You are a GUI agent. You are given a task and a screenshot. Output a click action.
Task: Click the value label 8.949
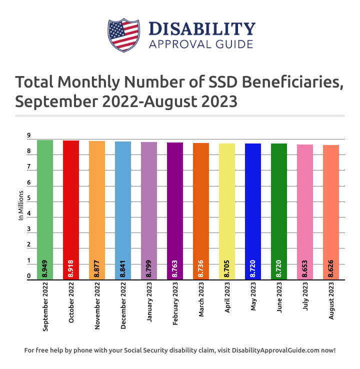(45, 269)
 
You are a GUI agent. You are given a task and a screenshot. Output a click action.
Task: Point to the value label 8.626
(331, 269)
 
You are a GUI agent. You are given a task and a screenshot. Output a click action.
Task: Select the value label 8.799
(149, 269)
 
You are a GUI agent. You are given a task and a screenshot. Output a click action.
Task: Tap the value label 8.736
(201, 269)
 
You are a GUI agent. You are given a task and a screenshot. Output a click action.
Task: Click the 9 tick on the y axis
(28, 136)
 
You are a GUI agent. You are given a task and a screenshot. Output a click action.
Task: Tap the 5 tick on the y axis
(28, 198)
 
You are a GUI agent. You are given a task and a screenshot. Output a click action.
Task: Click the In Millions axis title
(21, 205)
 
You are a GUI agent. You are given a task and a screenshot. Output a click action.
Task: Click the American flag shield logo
(123, 35)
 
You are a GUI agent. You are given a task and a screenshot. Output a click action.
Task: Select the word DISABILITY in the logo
(202, 29)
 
